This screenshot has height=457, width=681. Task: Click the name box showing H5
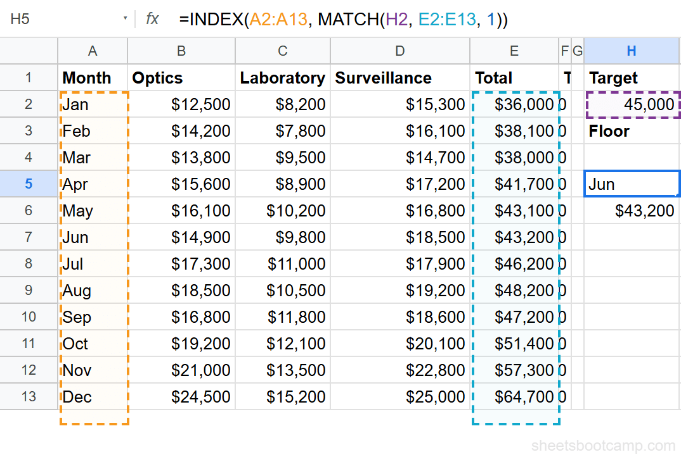point(38,19)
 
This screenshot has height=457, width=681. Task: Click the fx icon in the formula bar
point(152,19)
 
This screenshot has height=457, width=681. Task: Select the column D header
point(399,51)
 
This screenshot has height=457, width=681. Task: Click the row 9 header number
point(29,291)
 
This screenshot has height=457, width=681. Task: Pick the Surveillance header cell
point(384,78)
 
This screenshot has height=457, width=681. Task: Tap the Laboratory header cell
point(282,78)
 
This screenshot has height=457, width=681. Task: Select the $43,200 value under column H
point(644,211)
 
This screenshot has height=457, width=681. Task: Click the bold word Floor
point(609,131)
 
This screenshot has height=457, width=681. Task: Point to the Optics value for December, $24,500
point(200,397)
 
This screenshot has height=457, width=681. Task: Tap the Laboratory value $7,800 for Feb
point(300,131)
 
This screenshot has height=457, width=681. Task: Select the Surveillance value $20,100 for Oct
point(435,344)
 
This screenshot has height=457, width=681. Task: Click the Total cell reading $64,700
point(524,397)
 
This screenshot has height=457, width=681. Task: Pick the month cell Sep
point(77,317)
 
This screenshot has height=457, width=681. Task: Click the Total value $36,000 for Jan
point(524,104)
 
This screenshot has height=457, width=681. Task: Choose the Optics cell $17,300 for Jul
point(200,264)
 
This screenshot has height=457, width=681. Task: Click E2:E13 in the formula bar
point(446,20)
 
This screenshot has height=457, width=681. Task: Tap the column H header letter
point(631,51)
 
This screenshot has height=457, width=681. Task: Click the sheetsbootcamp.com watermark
point(602,446)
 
